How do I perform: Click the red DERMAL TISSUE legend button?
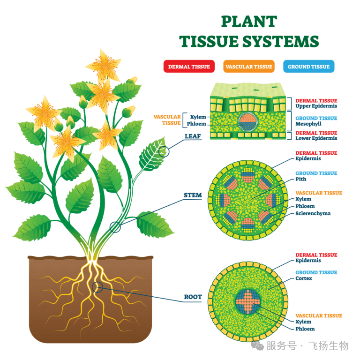click(189, 67)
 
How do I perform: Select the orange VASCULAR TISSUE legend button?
click(249, 67)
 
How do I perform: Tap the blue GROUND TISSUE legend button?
click(308, 67)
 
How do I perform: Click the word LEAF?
click(193, 136)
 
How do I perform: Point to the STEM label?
click(193, 195)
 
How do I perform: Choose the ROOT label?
click(193, 297)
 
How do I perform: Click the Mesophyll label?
click(308, 124)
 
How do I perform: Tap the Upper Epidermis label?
click(316, 106)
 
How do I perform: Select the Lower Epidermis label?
click(316, 138)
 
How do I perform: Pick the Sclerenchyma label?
click(313, 213)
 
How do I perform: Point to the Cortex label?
click(304, 278)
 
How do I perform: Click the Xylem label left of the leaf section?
click(198, 117)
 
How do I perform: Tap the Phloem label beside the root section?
click(305, 329)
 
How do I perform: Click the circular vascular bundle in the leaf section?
click(247, 122)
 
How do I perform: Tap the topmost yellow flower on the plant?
click(104, 66)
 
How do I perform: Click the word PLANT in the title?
click(249, 22)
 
